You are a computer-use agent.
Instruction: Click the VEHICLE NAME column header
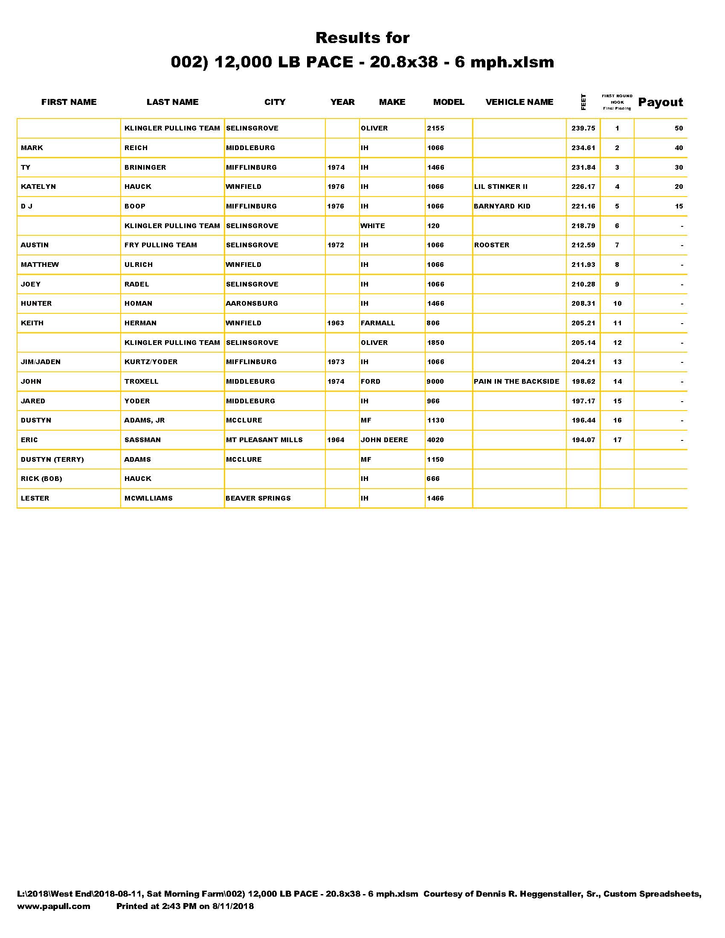tap(519, 102)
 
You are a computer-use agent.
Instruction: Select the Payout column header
tap(660, 102)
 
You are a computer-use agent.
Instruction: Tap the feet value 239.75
tap(583, 128)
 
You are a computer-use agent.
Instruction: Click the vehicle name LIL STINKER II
tap(500, 186)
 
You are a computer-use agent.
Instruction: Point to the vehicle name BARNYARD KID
tap(502, 206)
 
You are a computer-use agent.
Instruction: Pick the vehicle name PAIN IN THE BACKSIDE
tap(516, 382)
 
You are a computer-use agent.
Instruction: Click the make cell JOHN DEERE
tap(384, 440)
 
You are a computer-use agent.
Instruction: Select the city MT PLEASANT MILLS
tap(264, 440)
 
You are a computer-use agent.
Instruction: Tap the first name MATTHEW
tap(40, 265)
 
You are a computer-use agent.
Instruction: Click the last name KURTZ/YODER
tap(151, 362)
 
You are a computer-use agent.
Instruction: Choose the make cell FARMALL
tap(377, 323)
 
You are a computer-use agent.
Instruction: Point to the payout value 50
tap(679, 128)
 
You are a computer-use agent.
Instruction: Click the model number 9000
tap(435, 382)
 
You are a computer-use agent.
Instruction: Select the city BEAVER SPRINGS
tap(258, 498)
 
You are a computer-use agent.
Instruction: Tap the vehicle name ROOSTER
tap(491, 245)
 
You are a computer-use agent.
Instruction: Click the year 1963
tap(336, 323)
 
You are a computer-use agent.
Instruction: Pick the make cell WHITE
tap(372, 226)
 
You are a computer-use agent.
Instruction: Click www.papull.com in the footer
tap(54, 906)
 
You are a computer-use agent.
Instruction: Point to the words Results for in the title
tap(362, 38)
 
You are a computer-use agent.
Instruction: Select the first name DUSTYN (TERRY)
tap(52, 459)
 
